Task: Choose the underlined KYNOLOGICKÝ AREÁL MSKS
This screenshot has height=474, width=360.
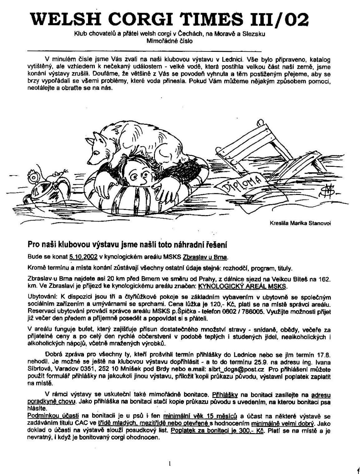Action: coord(242,286)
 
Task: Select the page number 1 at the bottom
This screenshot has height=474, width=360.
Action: coord(170,463)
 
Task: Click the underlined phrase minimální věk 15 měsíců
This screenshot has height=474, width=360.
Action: coord(200,416)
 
